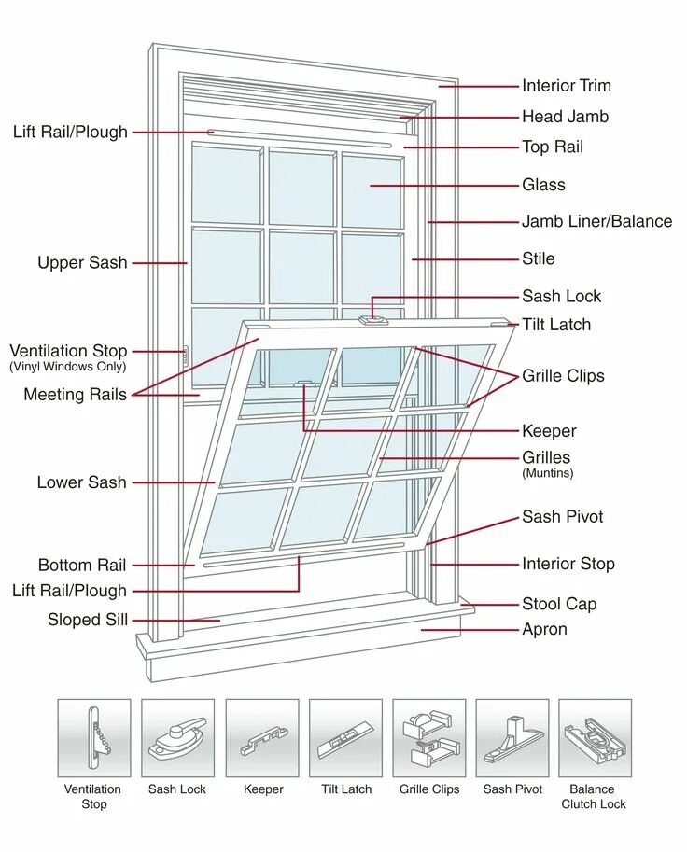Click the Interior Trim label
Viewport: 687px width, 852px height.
pos(567,86)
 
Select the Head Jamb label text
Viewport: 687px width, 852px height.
pos(565,117)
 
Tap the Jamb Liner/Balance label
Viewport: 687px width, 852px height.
pos(596,221)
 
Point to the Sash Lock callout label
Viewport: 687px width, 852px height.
pos(561,297)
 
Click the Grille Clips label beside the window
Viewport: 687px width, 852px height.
pos(563,376)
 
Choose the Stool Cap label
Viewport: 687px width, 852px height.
pos(559,604)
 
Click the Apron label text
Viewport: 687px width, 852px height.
pos(544,629)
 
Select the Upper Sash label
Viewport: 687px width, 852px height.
pos(82,263)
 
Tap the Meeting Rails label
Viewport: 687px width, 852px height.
pos(75,395)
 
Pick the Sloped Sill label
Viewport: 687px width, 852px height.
pos(88,620)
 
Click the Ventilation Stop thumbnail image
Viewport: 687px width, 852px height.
pos(93,738)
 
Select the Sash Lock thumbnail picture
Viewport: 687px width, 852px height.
pos(177,738)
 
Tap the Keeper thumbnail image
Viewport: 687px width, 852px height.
pos(262,738)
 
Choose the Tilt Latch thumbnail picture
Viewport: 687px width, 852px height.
pos(345,738)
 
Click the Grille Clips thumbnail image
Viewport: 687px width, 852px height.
pos(429,738)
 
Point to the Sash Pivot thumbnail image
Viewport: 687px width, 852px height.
pos(512,738)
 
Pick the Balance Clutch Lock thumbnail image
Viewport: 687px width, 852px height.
pos(595,738)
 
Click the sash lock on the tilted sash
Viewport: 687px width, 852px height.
pos(373,320)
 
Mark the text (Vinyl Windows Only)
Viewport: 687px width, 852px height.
pos(68,367)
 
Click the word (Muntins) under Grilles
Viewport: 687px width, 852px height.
pos(547,473)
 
